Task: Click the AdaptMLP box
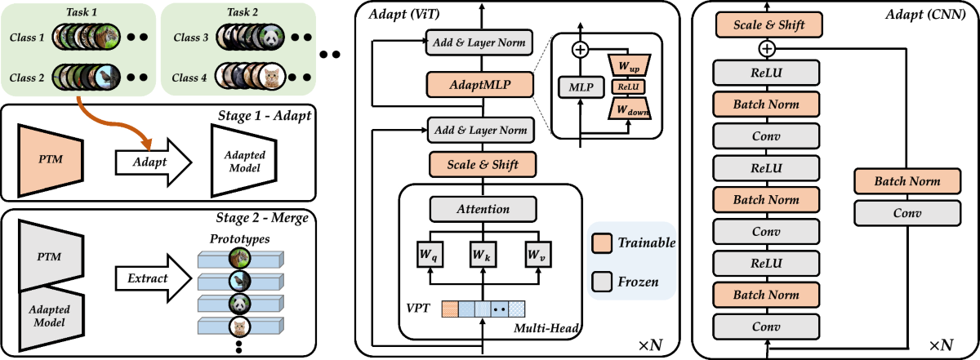pyautogui.click(x=480, y=85)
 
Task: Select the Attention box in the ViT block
pyautogui.click(x=483, y=209)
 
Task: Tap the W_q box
pyautogui.click(x=430, y=254)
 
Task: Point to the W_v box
pyautogui.click(x=538, y=254)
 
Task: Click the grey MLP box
pyautogui.click(x=581, y=87)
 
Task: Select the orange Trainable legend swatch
pyautogui.click(x=602, y=242)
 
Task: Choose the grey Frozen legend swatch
pyautogui.click(x=602, y=282)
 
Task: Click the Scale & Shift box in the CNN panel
pyautogui.click(x=768, y=25)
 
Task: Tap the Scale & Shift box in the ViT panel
pyautogui.click(x=483, y=164)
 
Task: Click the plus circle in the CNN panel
pyautogui.click(x=767, y=48)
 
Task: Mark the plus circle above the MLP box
pyautogui.click(x=580, y=50)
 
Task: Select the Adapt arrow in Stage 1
pyautogui.click(x=154, y=162)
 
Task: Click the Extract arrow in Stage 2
pyautogui.click(x=154, y=278)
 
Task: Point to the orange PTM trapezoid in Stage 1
pyautogui.click(x=51, y=160)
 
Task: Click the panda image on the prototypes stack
pyautogui.click(x=240, y=304)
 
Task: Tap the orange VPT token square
pyautogui.click(x=450, y=309)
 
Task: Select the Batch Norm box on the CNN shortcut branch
pyautogui.click(x=907, y=181)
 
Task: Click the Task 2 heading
pyautogui.click(x=243, y=11)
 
